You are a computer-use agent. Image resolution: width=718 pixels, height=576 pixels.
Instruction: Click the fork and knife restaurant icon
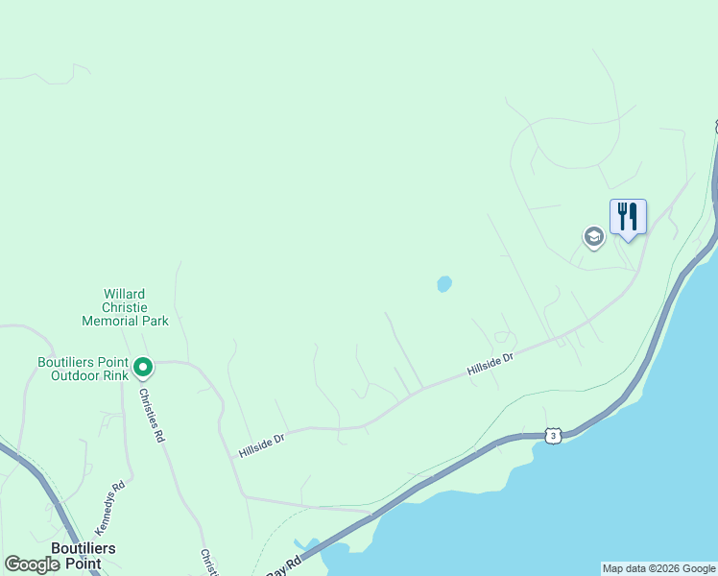pos(628,216)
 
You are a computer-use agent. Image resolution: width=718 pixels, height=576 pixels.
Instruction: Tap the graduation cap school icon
pos(593,236)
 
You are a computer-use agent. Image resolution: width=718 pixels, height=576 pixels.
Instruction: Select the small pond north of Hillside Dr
pos(443,284)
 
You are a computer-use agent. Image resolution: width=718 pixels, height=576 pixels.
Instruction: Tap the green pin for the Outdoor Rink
pos(143,367)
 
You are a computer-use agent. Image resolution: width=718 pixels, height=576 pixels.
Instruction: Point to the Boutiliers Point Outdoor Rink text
pos(83,368)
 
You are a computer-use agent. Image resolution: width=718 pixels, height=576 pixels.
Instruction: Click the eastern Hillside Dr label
pos(491,363)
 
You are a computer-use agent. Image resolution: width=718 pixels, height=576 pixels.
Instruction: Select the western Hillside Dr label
pos(262,444)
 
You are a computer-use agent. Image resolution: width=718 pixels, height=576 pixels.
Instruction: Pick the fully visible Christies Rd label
pos(151,415)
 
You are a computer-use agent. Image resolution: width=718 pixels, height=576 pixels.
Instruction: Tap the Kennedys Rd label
pos(109,508)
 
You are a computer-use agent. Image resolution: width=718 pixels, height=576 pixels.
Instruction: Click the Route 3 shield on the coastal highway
pos(552,436)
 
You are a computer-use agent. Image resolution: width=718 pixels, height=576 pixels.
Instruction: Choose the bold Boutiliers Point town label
pos(83,555)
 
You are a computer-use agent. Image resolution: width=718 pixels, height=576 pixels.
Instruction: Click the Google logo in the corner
pos(32,564)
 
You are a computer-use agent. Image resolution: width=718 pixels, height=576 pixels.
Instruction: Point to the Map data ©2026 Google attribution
pos(658,568)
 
